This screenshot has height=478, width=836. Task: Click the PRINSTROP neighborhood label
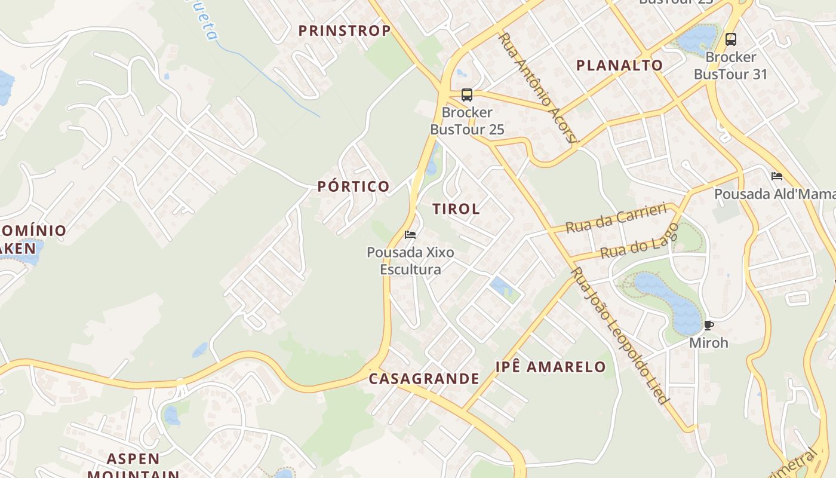pyautogui.click(x=345, y=30)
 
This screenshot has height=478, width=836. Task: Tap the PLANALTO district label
pyautogui.click(x=619, y=65)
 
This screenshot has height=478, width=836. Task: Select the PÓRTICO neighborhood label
pyautogui.click(x=354, y=186)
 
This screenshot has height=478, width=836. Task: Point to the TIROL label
pyautogui.click(x=456, y=209)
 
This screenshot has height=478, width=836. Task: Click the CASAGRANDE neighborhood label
pyautogui.click(x=424, y=378)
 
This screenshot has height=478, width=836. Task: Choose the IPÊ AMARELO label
pyautogui.click(x=551, y=366)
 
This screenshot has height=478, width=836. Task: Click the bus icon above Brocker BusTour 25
pyautogui.click(x=467, y=95)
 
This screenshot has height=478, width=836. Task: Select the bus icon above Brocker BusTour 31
pyautogui.click(x=730, y=39)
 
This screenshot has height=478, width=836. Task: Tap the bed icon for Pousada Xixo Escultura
pyautogui.click(x=410, y=234)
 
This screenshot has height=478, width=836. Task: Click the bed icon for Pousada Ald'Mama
pyautogui.click(x=777, y=176)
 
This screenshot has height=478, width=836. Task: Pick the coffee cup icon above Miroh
pyautogui.click(x=709, y=326)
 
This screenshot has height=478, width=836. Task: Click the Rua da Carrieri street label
pyautogui.click(x=616, y=218)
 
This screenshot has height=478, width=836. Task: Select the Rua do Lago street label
pyautogui.click(x=640, y=242)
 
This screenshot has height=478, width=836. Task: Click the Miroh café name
pyautogui.click(x=709, y=343)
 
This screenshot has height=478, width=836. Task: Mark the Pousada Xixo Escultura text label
pyautogui.click(x=411, y=261)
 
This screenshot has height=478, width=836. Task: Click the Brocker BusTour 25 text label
pyautogui.click(x=467, y=121)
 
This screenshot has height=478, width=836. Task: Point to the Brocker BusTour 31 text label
pyautogui.click(x=730, y=66)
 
